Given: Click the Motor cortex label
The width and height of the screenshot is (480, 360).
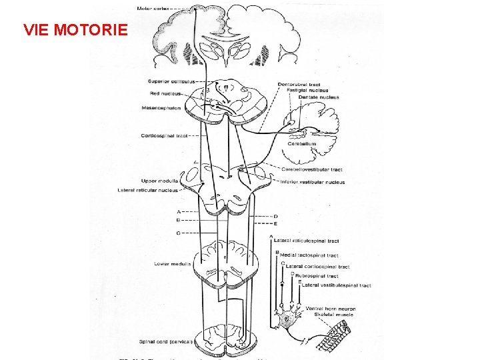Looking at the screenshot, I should click(153, 9).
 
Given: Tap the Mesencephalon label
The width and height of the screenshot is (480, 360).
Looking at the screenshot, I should click(161, 108).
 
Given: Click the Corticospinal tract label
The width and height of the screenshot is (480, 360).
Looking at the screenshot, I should click(164, 136).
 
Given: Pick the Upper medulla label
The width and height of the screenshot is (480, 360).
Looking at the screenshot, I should click(159, 181).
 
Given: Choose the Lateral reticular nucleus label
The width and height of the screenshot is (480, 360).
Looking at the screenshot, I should click(148, 190).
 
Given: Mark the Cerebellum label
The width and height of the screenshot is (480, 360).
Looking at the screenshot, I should click(301, 143).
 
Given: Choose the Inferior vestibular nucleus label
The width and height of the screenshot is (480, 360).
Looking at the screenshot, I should click(313, 182).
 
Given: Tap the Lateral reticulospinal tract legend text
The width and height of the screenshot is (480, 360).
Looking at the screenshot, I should click(311, 241).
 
